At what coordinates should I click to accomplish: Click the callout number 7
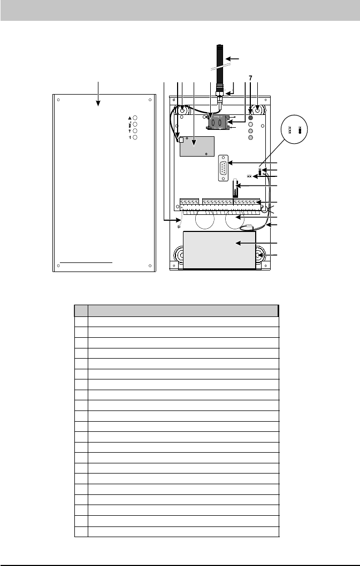pos(250,78)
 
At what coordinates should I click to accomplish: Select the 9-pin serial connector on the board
pos(223,167)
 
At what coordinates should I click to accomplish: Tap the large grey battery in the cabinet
pos(219,250)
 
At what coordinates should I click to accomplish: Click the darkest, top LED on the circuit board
pos(250,118)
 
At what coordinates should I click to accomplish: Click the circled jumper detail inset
pos(294,129)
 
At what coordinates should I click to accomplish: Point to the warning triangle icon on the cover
pos(130,118)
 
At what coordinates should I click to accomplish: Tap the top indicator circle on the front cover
pos(135,118)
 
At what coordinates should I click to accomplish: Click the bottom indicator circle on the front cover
pos(135,137)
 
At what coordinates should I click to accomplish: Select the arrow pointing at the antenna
pos(233,58)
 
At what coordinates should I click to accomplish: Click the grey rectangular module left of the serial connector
pos(197,146)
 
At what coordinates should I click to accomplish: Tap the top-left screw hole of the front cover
pos(58,100)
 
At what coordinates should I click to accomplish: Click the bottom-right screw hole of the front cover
pos(150,266)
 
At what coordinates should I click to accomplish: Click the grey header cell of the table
pos(183,311)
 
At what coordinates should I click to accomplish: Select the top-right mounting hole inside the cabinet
pos(258,109)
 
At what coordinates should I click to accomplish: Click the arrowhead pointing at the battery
pos(238,243)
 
